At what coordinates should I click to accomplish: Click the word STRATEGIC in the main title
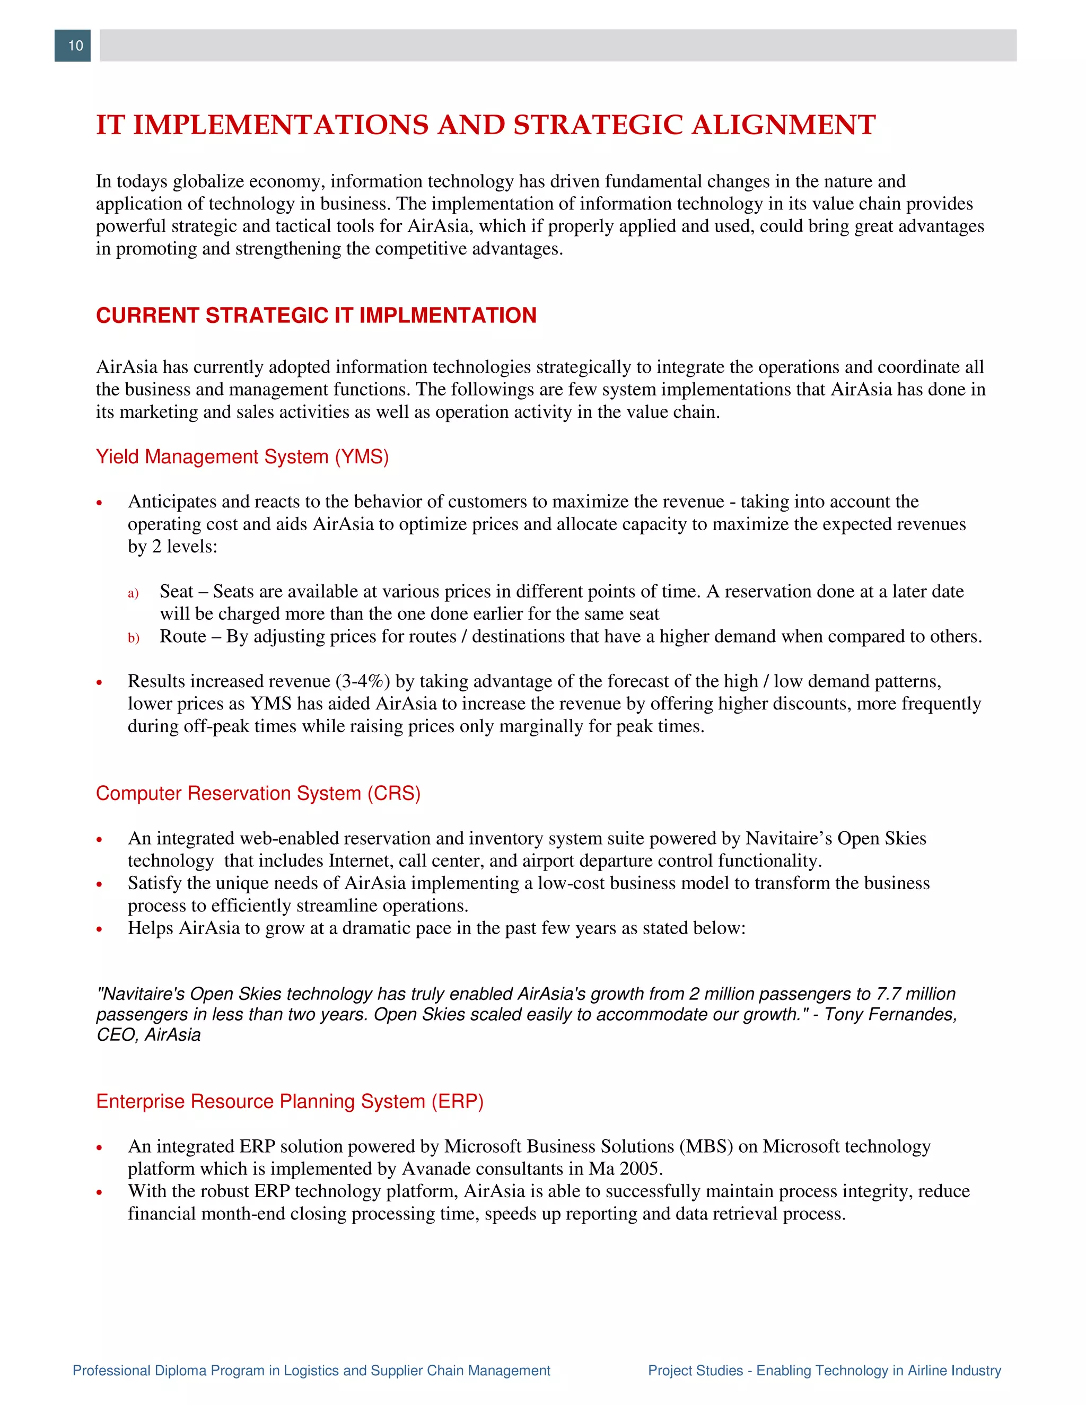click(x=598, y=126)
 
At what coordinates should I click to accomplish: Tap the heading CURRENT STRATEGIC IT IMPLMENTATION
click(x=316, y=315)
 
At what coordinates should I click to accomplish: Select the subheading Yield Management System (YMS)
click(x=242, y=456)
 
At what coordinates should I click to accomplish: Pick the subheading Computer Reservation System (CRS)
click(x=258, y=793)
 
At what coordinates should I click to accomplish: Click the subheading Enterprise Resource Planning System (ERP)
click(x=290, y=1101)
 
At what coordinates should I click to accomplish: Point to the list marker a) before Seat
click(x=133, y=593)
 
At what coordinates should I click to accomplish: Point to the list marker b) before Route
click(x=133, y=638)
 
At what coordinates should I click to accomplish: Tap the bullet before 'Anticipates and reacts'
click(x=100, y=503)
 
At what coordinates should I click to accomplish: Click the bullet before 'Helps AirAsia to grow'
click(x=100, y=929)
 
